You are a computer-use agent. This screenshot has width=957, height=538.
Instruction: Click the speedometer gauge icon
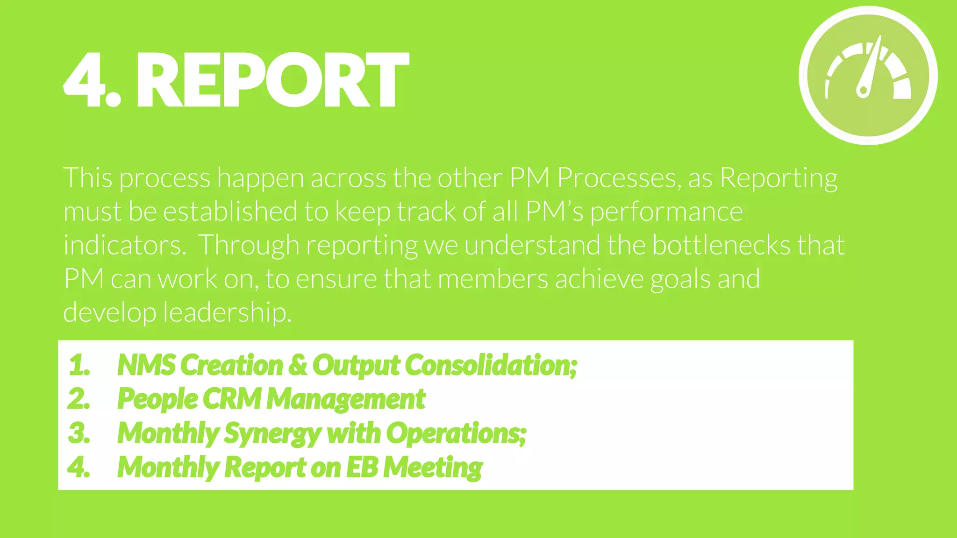click(868, 75)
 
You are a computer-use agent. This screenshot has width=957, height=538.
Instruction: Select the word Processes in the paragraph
click(616, 178)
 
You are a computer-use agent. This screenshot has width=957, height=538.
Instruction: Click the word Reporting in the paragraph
click(778, 178)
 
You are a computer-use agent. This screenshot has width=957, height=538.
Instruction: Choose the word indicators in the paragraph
click(124, 245)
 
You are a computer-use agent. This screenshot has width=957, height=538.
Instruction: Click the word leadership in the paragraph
click(227, 312)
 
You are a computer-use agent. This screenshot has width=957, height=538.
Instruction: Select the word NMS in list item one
click(146, 365)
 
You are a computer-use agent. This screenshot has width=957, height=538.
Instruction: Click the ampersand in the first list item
click(298, 365)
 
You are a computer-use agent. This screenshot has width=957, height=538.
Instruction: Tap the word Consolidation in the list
click(491, 365)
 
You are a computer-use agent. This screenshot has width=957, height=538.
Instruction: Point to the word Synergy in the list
click(272, 433)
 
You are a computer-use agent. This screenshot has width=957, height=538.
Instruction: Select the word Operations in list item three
click(456, 433)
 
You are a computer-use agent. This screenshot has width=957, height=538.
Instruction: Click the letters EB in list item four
click(362, 467)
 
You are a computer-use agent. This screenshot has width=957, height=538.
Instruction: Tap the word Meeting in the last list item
click(433, 467)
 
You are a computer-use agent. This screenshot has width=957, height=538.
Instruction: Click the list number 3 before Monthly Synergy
click(79, 433)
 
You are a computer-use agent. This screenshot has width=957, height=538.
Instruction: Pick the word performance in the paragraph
click(666, 212)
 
